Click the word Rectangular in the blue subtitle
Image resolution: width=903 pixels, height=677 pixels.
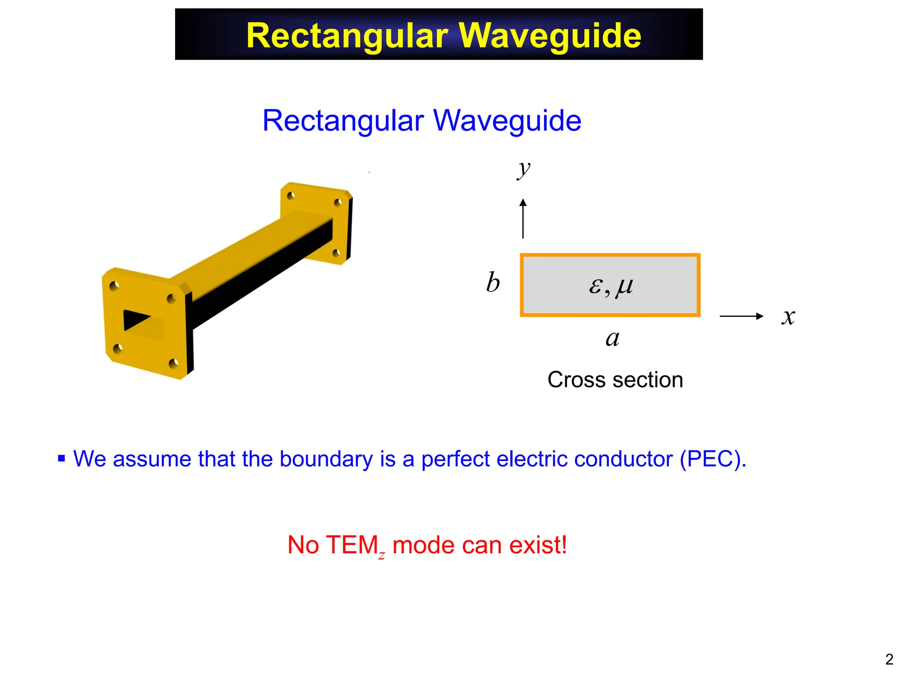pos(343,120)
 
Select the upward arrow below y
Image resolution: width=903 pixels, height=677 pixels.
pos(523,219)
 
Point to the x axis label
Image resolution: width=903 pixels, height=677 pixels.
pos(788,317)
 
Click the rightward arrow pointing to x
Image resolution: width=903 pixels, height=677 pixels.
pos(741,316)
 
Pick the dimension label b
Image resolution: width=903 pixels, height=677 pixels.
pos(493,283)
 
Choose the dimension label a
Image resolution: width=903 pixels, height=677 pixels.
pos(612,338)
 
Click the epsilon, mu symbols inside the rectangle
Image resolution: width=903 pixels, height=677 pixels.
pos(611,286)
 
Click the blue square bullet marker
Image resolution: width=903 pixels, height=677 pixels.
pos(62,459)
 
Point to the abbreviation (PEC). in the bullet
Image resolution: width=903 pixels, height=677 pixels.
pos(713,459)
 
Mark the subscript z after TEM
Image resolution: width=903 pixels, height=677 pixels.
pos(381,555)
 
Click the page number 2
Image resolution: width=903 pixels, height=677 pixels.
pos(889,659)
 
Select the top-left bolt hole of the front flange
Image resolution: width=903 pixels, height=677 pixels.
pos(114,286)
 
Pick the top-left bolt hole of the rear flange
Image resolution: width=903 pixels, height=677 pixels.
pos(291,196)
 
